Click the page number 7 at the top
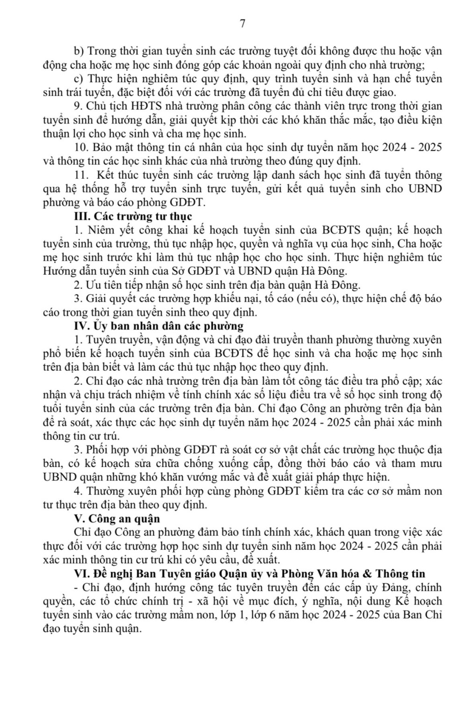(242, 24)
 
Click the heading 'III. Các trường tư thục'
(133, 216)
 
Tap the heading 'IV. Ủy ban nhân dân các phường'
(158, 326)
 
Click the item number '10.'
(81, 147)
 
